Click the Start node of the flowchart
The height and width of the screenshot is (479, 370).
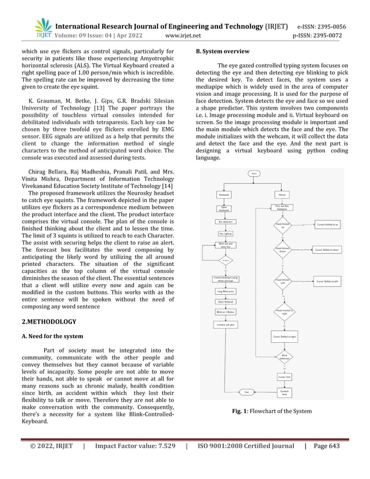click(253, 173)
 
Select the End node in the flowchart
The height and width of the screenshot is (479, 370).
click(246, 392)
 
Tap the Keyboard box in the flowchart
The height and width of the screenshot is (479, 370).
click(224, 194)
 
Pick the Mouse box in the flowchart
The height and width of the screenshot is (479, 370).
click(283, 194)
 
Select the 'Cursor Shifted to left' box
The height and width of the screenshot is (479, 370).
click(328, 281)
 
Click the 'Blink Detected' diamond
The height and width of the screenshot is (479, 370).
click(284, 356)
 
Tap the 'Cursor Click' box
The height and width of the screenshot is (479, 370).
click(284, 377)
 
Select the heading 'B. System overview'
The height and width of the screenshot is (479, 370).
click(223, 52)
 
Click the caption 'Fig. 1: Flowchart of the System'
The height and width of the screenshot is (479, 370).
click(271, 411)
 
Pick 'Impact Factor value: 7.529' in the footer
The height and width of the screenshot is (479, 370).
click(135, 463)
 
